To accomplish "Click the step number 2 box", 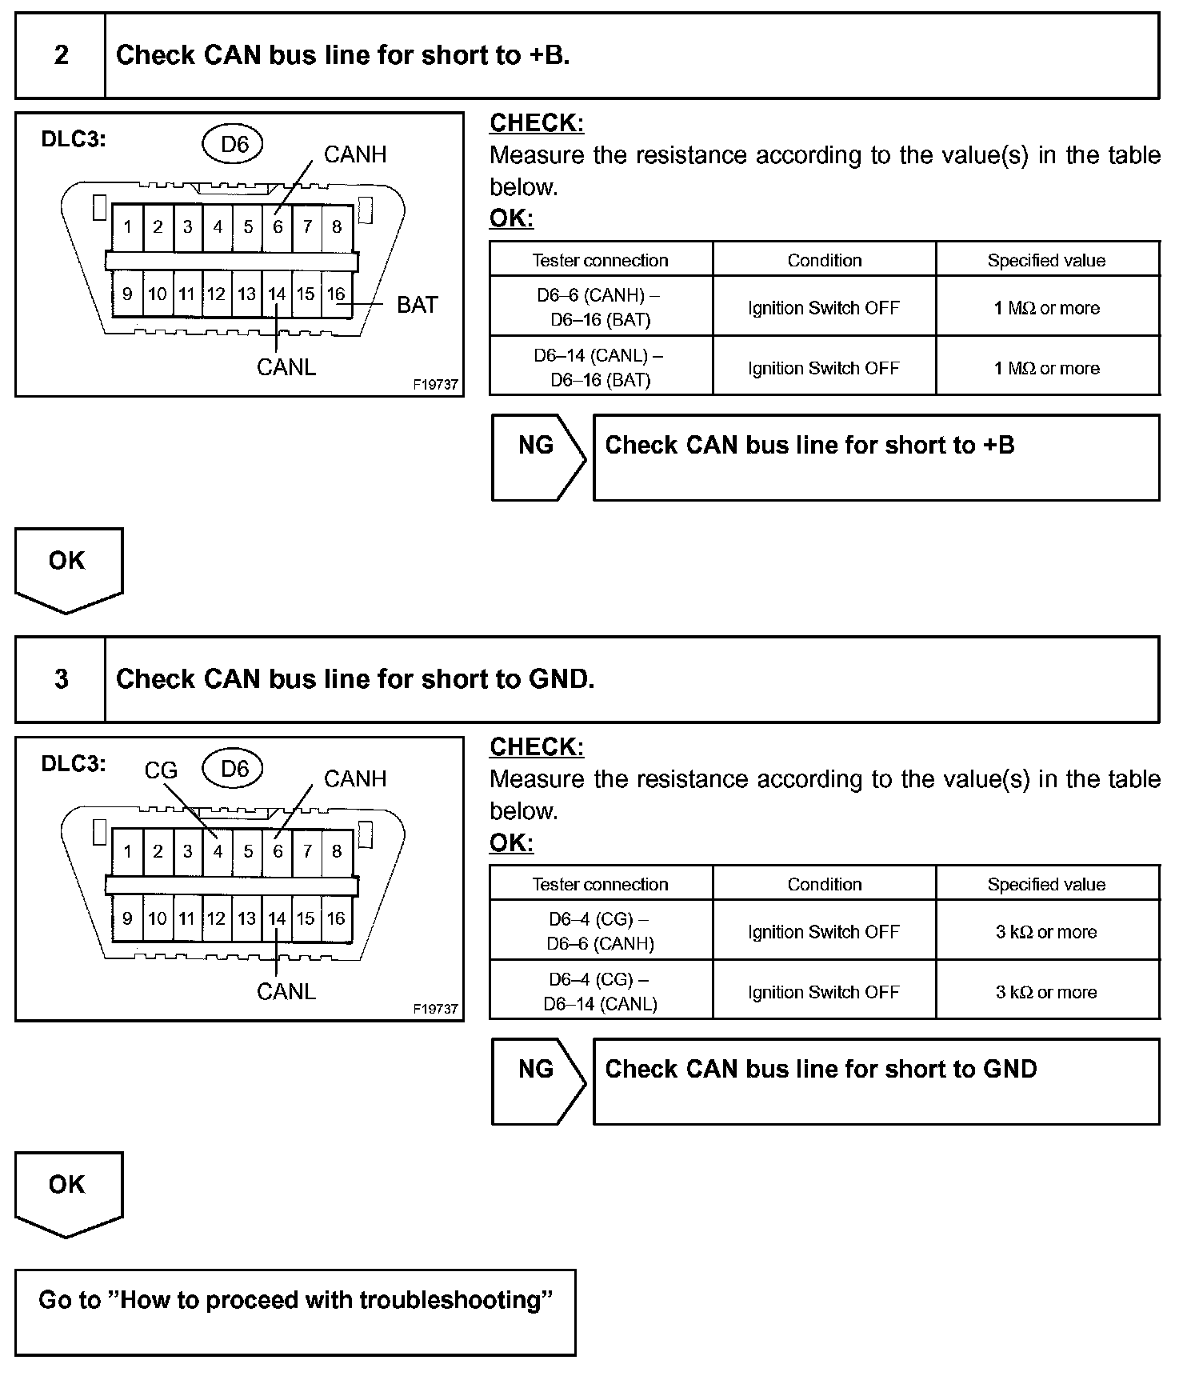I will (61, 55).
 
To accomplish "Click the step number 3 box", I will (61, 679).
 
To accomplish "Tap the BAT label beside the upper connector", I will (417, 305).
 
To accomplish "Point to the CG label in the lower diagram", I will (160, 770).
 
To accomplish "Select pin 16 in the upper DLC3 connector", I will (336, 294).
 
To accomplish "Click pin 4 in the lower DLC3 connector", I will (218, 851).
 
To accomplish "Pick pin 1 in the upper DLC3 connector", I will (127, 227).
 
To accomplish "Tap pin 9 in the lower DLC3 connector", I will (127, 918).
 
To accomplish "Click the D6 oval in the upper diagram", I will (234, 144).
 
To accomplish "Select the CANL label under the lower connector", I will (286, 991).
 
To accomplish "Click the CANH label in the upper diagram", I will (354, 154).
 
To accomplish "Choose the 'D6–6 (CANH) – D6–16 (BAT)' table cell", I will (600, 307).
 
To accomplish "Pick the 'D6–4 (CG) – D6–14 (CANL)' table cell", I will (600, 991).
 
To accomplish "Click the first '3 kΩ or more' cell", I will (1046, 931).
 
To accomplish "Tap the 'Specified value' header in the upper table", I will (1046, 260).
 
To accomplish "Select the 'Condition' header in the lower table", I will (824, 884).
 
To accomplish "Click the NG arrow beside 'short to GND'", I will (537, 1080).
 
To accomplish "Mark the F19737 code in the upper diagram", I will (435, 385).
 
